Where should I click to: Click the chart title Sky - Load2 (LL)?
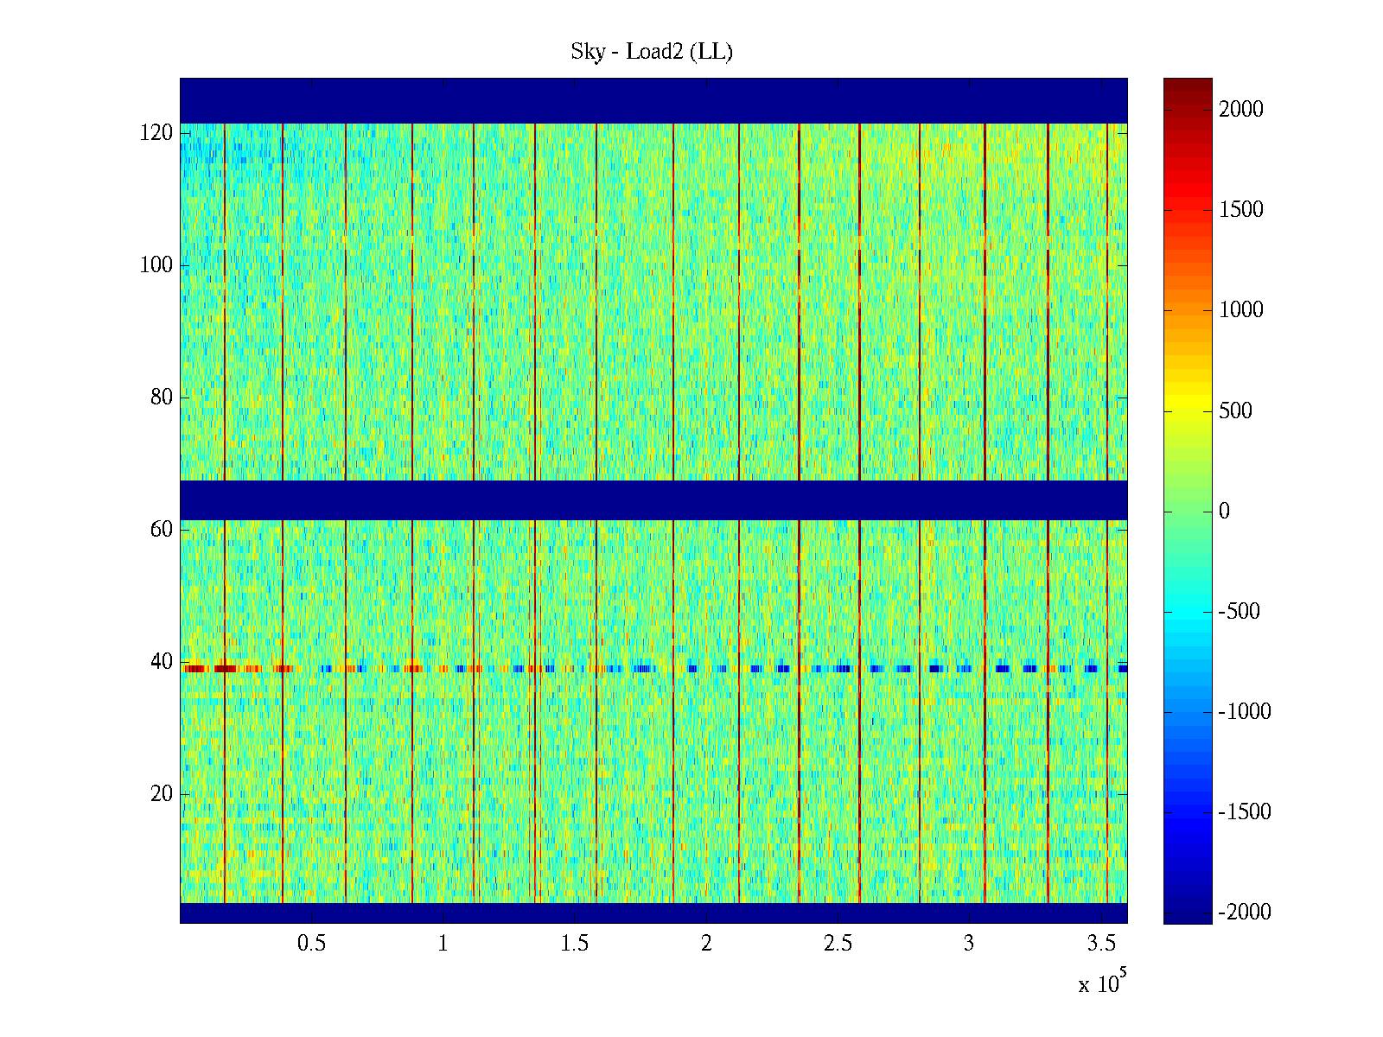(652, 52)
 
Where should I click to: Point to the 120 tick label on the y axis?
(156, 133)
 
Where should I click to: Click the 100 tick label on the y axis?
(156, 265)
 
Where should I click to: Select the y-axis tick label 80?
(162, 398)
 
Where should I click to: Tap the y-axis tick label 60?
(162, 530)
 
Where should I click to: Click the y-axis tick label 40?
(162, 662)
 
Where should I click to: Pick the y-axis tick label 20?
(162, 794)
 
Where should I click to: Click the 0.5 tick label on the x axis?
(311, 944)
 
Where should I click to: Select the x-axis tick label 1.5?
(574, 944)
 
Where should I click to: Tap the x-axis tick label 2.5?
(838, 944)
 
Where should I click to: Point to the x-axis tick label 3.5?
(1100, 944)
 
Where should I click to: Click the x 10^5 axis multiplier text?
(1101, 983)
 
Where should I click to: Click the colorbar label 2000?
(1241, 110)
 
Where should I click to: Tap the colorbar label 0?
(1224, 512)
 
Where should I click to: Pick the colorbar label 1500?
(1241, 210)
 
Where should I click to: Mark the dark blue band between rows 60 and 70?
(653, 500)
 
